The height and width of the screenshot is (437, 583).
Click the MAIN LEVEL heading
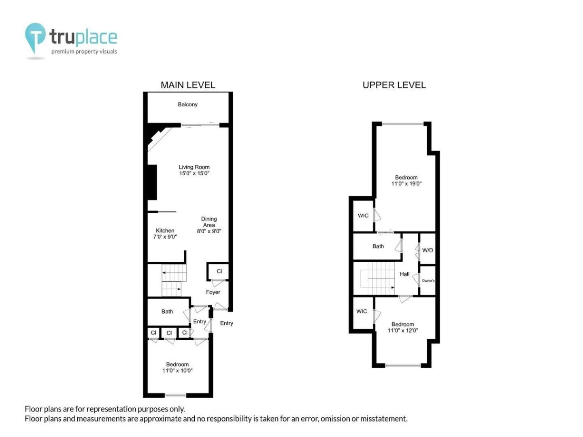[x=188, y=85]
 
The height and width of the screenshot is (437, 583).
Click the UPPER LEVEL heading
[x=394, y=85]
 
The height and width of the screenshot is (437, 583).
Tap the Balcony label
[x=187, y=104]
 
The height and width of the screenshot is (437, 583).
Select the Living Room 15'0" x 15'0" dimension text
[x=194, y=173]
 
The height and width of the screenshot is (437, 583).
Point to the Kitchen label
[x=165, y=231]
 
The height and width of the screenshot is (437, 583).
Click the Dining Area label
[x=209, y=222]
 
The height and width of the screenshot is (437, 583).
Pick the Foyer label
[x=213, y=292]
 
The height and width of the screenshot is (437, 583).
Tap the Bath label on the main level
[x=167, y=312]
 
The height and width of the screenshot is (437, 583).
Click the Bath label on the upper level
[x=378, y=246]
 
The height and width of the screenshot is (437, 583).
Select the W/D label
[x=428, y=250]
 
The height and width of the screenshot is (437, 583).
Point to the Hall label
[x=404, y=274]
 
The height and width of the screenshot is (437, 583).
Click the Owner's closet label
[x=428, y=280]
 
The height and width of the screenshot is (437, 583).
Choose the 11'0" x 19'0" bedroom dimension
[x=406, y=184]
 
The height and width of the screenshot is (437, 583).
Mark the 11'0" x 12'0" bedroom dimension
[x=403, y=330]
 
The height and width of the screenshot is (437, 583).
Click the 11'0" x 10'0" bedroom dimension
[x=177, y=370]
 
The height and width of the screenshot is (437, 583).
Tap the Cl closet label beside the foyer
[x=219, y=271]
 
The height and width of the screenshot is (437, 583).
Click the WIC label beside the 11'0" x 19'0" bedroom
[x=363, y=215]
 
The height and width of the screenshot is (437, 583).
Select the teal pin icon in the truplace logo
[x=35, y=36]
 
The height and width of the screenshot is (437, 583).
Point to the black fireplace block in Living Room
[x=152, y=182]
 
